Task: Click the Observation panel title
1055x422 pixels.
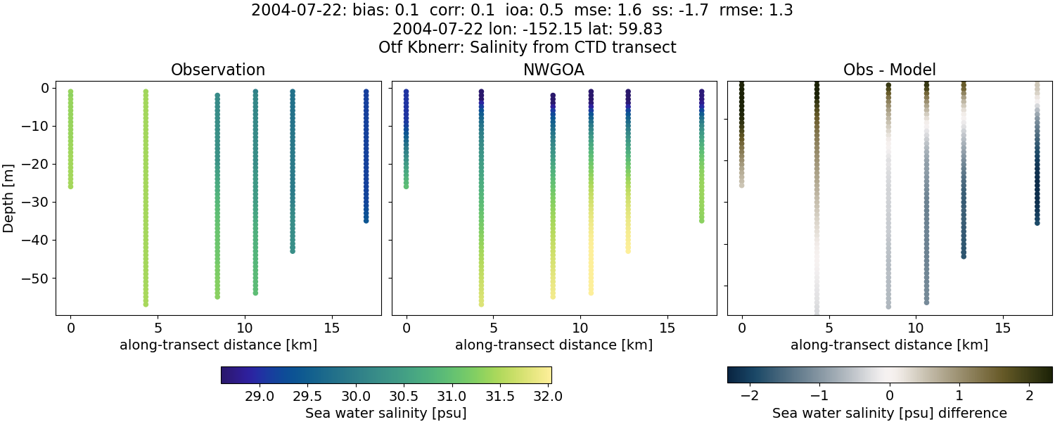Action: [x=218, y=70]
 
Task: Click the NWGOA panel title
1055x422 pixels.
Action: [x=554, y=70]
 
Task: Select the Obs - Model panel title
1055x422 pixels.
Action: [x=889, y=70]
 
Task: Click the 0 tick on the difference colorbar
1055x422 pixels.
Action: [x=890, y=396]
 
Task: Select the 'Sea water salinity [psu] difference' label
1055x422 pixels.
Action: [x=889, y=413]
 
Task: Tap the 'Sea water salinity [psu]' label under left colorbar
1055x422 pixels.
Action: [x=385, y=413]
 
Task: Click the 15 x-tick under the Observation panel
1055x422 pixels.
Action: [x=331, y=328]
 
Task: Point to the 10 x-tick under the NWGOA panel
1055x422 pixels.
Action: [x=580, y=328]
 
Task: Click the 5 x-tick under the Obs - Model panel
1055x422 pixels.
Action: [x=829, y=328]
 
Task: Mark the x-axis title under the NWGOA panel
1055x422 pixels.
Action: [x=554, y=345]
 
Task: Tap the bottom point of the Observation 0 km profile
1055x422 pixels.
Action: [x=70, y=186]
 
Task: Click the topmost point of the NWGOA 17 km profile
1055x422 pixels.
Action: [x=701, y=91]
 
